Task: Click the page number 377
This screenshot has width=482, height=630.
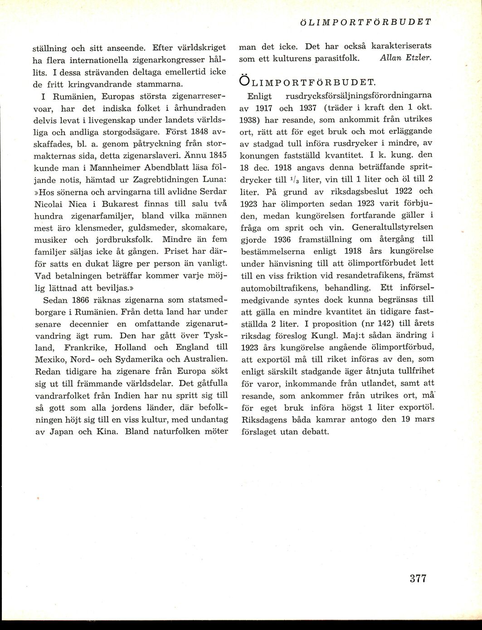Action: point(418,578)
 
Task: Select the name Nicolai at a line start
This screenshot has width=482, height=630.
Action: point(49,204)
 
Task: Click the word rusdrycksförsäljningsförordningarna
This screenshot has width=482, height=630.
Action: point(359,96)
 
